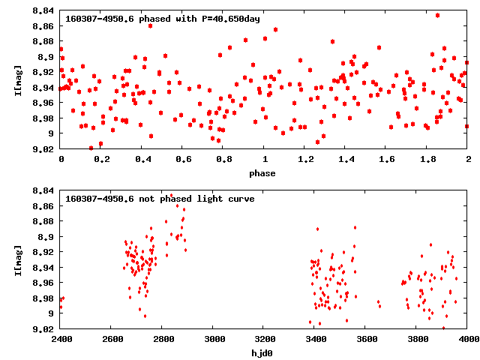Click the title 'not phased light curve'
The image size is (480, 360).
[x=160, y=199]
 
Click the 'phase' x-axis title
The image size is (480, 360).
[x=264, y=173]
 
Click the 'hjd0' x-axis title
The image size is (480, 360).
[x=264, y=353]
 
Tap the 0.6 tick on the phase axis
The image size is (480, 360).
[x=183, y=159]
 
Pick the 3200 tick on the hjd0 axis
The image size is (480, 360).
[x=264, y=339]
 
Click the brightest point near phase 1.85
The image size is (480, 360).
[x=437, y=15]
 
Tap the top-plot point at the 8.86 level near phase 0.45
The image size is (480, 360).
[x=151, y=25]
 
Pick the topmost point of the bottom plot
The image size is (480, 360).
[x=171, y=196]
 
